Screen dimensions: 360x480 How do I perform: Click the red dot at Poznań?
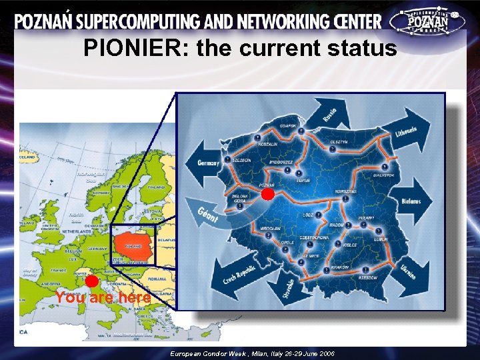click(267, 194)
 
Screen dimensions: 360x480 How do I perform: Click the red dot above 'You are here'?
click(92, 281)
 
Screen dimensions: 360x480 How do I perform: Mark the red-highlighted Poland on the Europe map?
click(133, 245)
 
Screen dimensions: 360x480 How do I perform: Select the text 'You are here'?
click(103, 298)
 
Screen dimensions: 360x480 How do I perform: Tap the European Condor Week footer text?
click(252, 353)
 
